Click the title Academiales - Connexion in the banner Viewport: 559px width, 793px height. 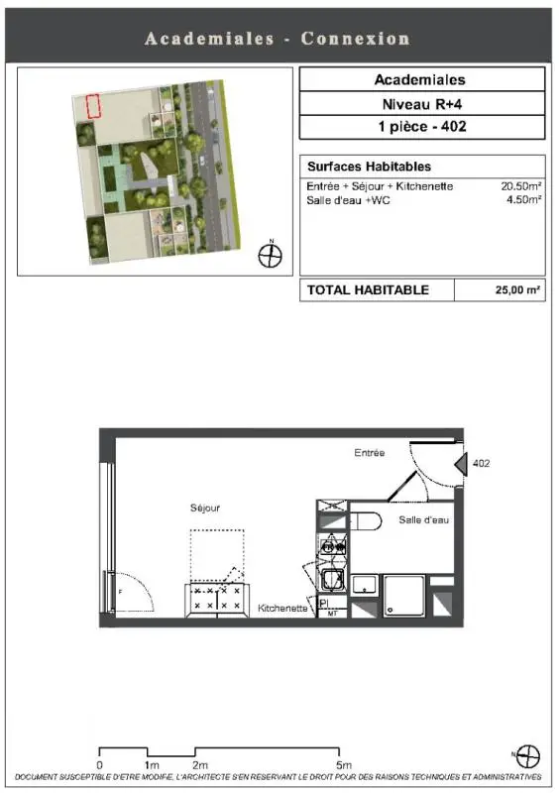coord(278,39)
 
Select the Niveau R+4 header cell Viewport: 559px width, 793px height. coord(422,104)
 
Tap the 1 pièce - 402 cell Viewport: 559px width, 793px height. coord(422,127)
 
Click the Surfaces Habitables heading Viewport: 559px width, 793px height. coord(370,167)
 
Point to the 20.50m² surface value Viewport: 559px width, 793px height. coord(521,185)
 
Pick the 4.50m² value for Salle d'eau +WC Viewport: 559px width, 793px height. coord(524,199)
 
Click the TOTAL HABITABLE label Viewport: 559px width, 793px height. coord(368,289)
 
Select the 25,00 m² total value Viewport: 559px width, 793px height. coord(517,289)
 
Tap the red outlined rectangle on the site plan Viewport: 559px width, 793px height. coord(93,106)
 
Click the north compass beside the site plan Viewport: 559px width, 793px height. coord(271,255)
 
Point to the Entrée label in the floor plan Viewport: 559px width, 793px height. coord(370,453)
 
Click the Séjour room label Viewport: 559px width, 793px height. coord(205,508)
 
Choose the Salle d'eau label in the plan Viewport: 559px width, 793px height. coord(423,519)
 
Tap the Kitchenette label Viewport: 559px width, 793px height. coord(282,608)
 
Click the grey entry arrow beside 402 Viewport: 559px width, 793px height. coord(461,464)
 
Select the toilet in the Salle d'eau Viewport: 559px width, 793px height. coord(366,521)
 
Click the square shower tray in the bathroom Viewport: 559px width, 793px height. coord(403,596)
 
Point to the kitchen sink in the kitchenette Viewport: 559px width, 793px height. coord(333,580)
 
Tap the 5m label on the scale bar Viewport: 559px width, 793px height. coord(344,765)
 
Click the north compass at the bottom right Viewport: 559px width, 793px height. coord(527,756)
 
